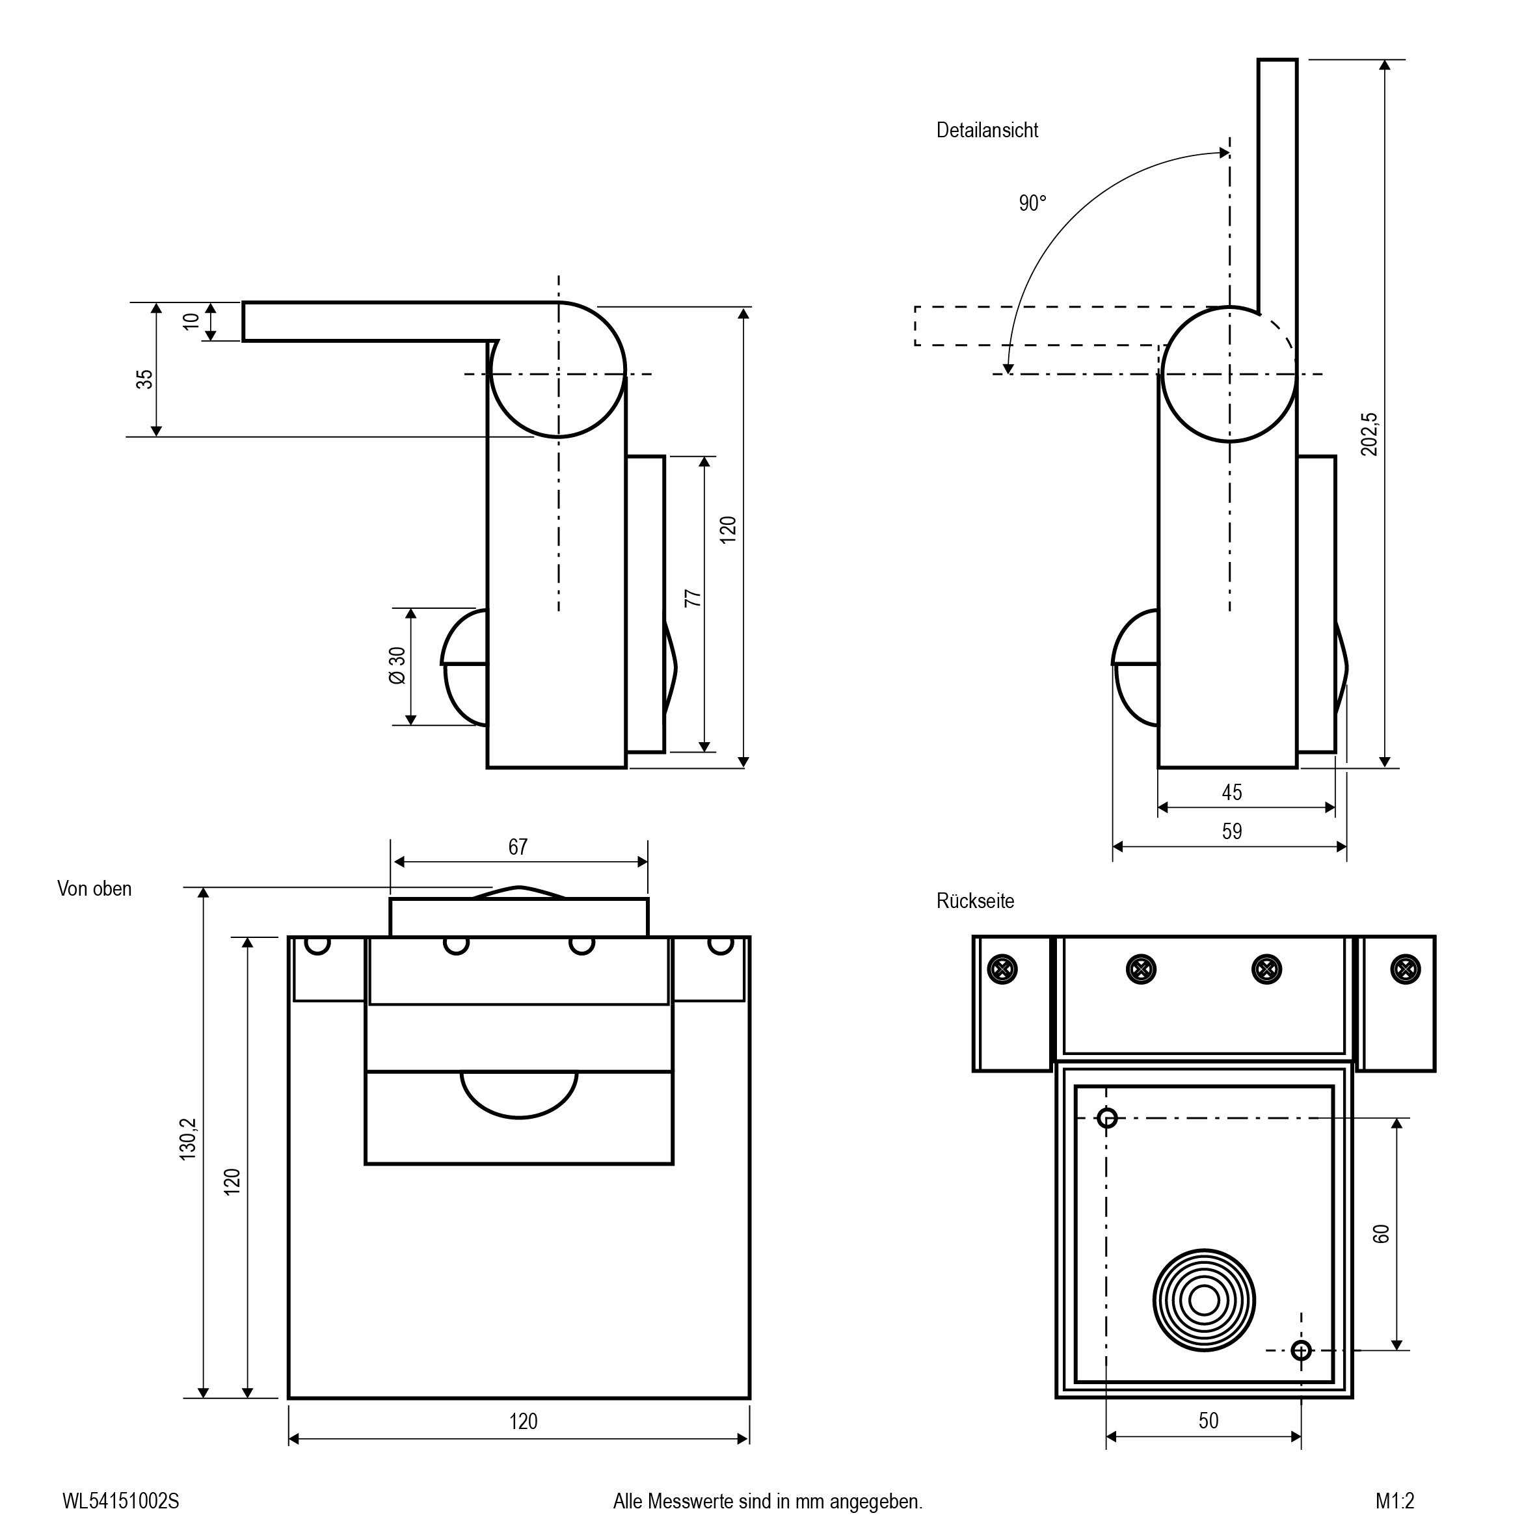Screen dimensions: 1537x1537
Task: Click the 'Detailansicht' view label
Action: (x=987, y=131)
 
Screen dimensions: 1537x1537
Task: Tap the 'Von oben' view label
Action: (x=94, y=889)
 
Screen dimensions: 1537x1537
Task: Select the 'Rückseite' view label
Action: (x=976, y=901)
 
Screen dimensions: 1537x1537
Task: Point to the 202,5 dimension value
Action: (x=1369, y=434)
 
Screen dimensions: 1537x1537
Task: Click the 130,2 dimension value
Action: (x=188, y=1139)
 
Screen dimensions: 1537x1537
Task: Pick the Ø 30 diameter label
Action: (x=397, y=665)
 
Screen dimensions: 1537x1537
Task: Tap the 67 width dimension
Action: (x=518, y=846)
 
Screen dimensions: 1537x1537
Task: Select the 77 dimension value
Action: (x=693, y=598)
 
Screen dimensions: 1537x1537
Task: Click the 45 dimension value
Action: (x=1231, y=792)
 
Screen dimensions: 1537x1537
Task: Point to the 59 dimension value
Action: (x=1231, y=831)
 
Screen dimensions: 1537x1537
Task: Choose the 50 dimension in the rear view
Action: (x=1208, y=1420)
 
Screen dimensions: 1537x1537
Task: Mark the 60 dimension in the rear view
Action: (x=1381, y=1234)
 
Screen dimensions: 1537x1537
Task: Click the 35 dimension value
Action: (x=144, y=379)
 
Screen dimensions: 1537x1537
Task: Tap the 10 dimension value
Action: (x=191, y=321)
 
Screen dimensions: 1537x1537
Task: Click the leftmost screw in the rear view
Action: (x=1002, y=969)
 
